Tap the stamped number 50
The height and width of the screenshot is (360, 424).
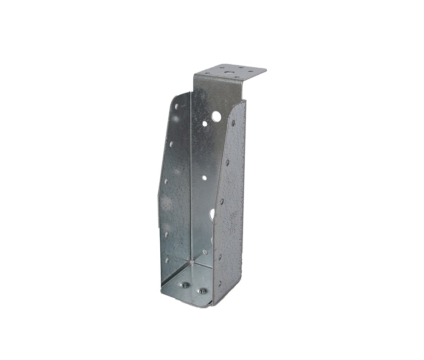click(233, 223)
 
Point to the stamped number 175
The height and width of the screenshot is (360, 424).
click(233, 231)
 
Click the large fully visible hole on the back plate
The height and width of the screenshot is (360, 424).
click(216, 116)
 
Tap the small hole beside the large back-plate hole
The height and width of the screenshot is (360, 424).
click(205, 124)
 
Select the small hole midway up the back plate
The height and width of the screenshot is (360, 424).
click(204, 178)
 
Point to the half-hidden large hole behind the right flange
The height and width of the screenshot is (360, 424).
click(212, 214)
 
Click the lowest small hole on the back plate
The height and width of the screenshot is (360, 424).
click(205, 252)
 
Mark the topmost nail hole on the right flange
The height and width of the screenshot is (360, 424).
click(233, 123)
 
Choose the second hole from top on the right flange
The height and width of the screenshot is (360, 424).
click(227, 162)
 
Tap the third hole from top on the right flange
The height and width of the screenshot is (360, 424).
click(222, 202)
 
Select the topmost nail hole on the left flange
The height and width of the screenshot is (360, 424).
click(176, 106)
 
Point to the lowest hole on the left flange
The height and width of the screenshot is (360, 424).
click(167, 260)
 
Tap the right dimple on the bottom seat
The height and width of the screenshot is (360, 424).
click(202, 291)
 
